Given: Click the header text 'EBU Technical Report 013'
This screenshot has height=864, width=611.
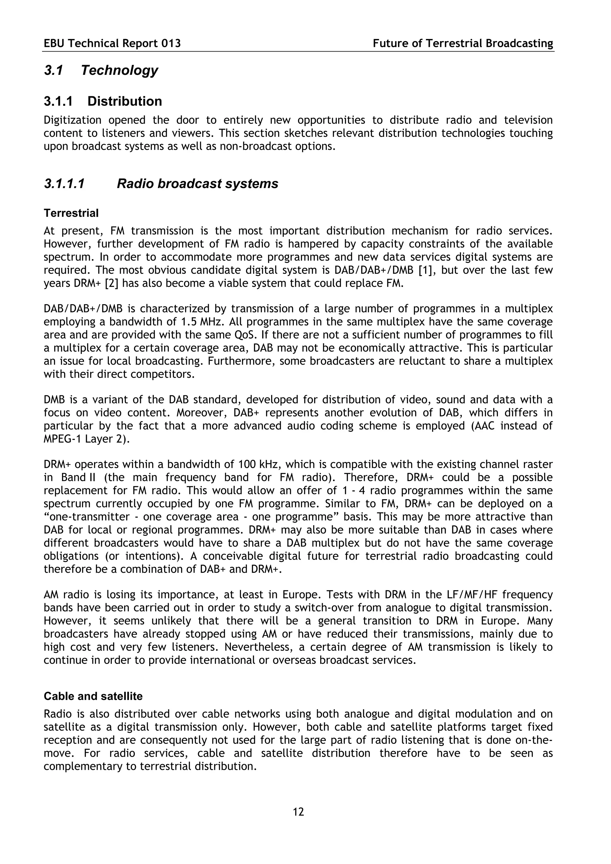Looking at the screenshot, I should point(112,44).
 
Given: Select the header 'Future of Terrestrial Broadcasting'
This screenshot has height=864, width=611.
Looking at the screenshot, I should point(463,44).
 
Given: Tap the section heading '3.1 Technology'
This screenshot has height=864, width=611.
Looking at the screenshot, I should point(101,70).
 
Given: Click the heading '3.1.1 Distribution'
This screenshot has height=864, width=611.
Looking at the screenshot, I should point(103,101).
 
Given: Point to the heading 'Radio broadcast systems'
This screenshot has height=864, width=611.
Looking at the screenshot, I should point(197,184).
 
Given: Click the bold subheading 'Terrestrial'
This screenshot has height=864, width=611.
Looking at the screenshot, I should point(71,213).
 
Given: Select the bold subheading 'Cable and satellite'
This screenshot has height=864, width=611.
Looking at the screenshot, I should point(93,696).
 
